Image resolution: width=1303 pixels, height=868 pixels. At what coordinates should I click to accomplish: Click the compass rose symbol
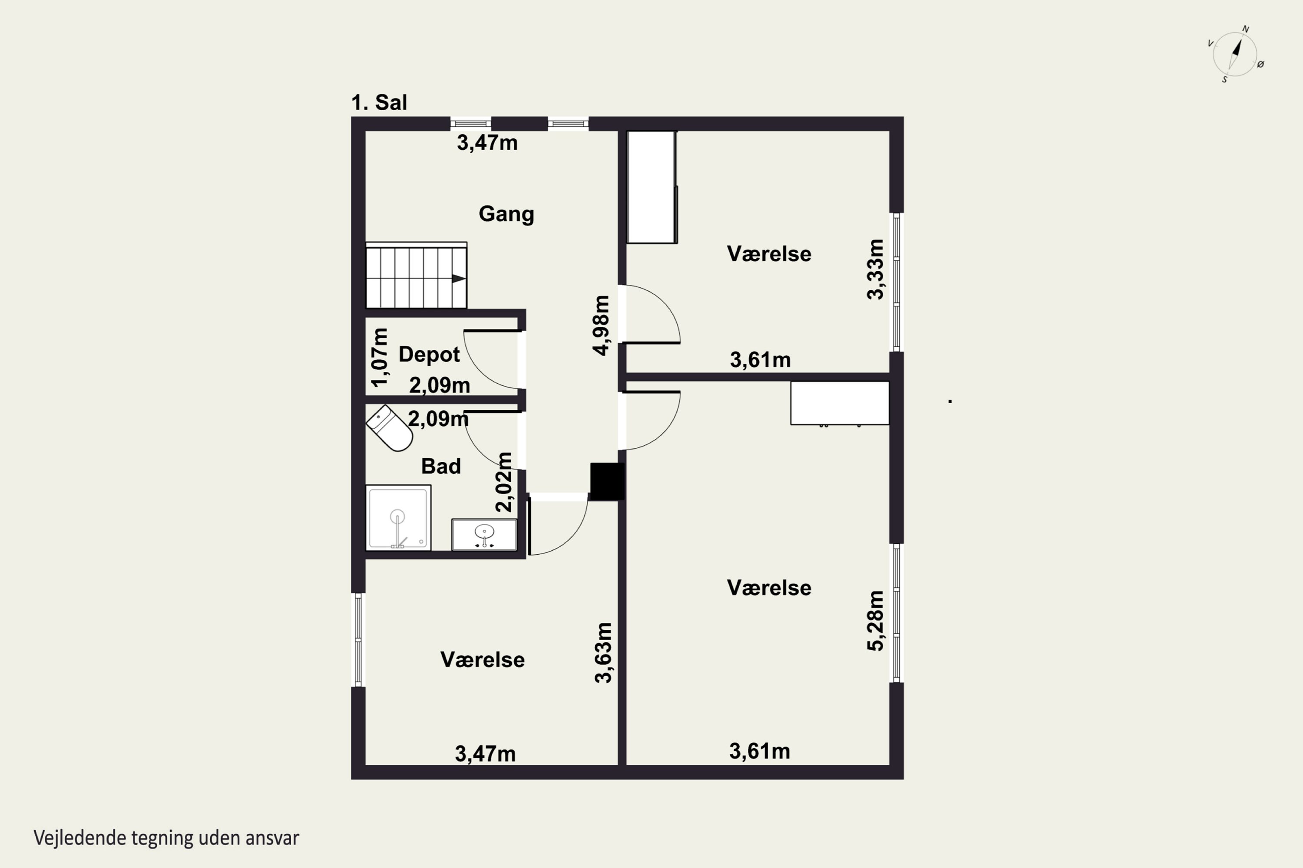click(x=1235, y=54)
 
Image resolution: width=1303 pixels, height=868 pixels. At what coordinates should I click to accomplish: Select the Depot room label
click(x=430, y=354)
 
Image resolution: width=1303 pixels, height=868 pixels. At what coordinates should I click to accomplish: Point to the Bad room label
click(x=441, y=466)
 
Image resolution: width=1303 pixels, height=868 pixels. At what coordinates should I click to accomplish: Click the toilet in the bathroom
click(x=390, y=428)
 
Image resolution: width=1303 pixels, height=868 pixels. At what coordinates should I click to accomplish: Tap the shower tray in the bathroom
click(x=398, y=518)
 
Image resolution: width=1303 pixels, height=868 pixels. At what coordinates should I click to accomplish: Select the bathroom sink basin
click(x=484, y=535)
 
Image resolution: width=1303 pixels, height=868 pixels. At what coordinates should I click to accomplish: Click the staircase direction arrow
click(x=459, y=279)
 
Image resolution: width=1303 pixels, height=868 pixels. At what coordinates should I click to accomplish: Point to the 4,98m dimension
click(x=601, y=325)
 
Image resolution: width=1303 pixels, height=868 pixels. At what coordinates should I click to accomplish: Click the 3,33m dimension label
click(x=875, y=270)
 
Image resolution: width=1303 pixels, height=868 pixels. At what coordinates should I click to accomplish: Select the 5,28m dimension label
click(x=875, y=621)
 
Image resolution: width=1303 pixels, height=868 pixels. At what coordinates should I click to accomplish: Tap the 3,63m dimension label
click(x=603, y=653)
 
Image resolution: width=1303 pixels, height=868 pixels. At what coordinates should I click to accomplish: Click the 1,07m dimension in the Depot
click(x=380, y=358)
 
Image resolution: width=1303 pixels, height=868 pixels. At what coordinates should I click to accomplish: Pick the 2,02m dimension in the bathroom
click(x=503, y=482)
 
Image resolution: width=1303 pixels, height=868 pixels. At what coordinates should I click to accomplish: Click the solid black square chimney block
click(x=607, y=481)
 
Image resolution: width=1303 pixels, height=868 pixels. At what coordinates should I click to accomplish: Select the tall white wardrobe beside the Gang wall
click(x=652, y=187)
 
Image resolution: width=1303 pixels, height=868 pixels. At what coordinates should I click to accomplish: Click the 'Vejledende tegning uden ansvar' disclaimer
click(x=166, y=838)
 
